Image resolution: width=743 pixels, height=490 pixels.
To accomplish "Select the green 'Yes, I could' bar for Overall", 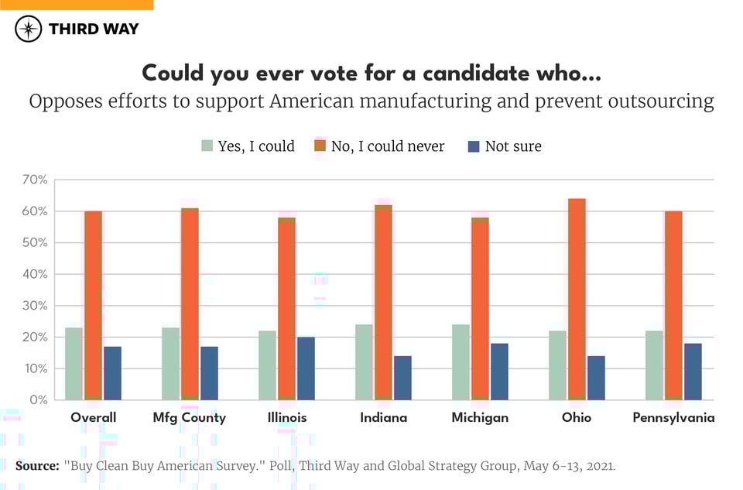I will (x=74, y=364).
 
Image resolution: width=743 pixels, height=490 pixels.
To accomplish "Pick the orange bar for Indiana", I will (x=383, y=303).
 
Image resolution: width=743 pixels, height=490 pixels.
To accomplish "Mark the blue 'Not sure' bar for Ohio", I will (x=596, y=378).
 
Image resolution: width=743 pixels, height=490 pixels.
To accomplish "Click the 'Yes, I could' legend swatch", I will (x=207, y=146).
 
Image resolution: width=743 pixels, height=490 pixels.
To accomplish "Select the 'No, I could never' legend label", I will (x=388, y=146).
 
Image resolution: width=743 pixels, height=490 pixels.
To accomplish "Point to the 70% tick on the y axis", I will (x=36, y=180).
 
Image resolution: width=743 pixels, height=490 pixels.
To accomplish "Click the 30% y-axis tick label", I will (x=36, y=306).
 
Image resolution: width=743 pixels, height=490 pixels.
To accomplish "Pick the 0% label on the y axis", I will (x=39, y=400).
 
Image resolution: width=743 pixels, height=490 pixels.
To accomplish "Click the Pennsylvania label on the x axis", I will (x=673, y=418).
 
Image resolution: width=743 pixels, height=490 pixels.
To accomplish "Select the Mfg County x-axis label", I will (x=190, y=418).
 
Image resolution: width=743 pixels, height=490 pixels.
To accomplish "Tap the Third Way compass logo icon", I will (x=29, y=29).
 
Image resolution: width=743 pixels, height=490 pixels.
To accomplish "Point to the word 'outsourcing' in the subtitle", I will (x=663, y=102).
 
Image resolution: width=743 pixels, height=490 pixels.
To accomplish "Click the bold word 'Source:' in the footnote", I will (x=36, y=466).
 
